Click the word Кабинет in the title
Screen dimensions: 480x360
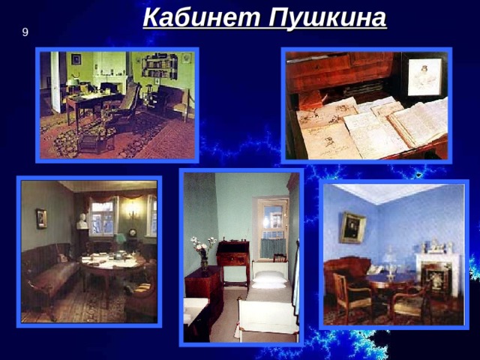tap(202, 18)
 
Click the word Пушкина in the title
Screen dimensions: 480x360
tap(328, 18)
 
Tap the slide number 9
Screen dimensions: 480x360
tap(25, 32)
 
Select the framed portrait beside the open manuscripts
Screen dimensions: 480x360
tap(425, 76)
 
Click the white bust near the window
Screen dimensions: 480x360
tap(82, 221)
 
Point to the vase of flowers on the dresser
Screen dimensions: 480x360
tap(203, 253)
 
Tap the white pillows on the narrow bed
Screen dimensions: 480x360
tap(268, 280)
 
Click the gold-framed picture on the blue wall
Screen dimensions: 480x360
tap(353, 228)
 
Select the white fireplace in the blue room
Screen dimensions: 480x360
tap(437, 273)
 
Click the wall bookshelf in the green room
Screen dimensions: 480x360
tap(160, 66)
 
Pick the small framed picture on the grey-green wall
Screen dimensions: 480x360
tap(41, 218)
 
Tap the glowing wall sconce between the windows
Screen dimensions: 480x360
tap(132, 211)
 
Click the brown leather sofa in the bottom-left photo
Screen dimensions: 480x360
tap(50, 275)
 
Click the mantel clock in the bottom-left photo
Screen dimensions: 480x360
tap(132, 234)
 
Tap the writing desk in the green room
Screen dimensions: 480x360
tap(91, 103)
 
